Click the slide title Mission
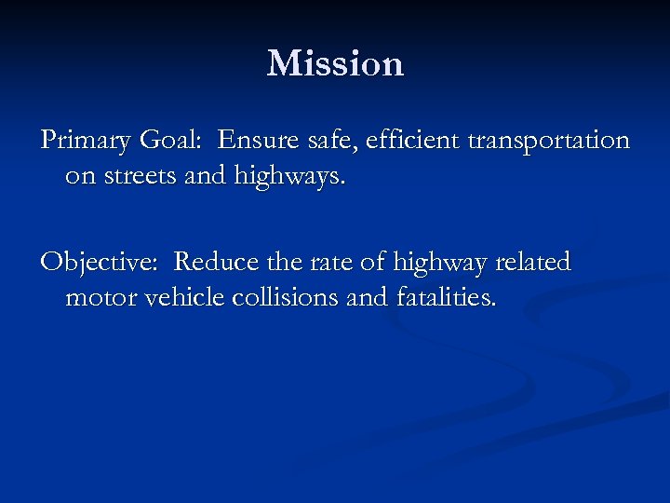tap(335, 63)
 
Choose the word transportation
tap(548, 142)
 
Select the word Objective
tap(100, 264)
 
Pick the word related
tap(533, 263)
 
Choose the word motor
tap(100, 298)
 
